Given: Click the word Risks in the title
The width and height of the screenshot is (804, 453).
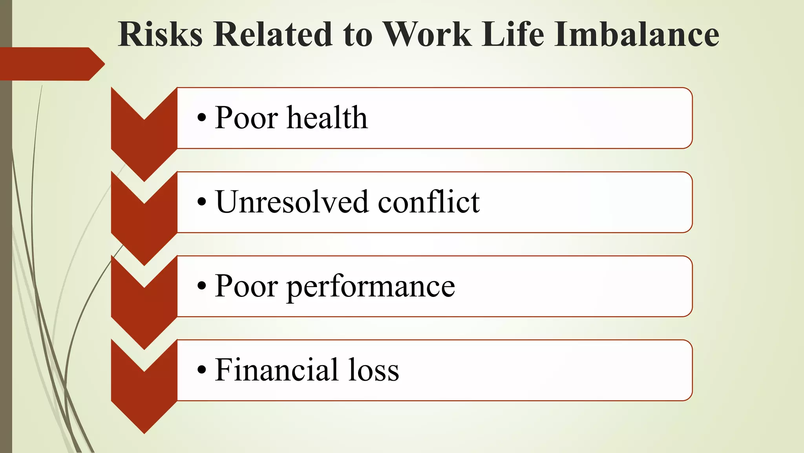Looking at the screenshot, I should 160,34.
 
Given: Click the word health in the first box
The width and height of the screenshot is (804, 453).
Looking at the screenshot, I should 327,118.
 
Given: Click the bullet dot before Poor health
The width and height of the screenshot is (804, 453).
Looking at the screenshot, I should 201,118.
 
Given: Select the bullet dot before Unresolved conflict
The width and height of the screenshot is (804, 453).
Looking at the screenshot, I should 201,202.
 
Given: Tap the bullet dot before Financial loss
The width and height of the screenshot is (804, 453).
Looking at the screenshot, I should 201,370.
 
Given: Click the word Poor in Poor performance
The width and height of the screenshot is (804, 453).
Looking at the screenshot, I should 246,286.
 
